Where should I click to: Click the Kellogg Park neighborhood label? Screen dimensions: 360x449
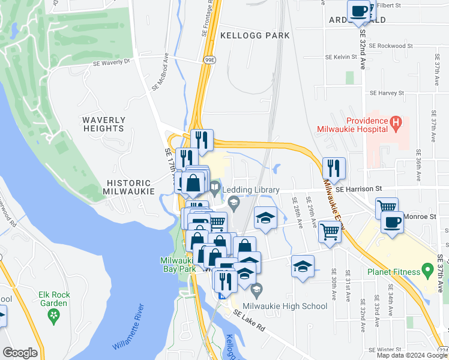point(255,35)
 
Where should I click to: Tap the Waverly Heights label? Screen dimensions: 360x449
point(103,124)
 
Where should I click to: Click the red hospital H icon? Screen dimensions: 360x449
point(395,124)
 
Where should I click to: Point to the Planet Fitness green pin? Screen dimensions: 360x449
point(427,271)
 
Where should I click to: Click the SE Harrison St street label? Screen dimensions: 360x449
point(359,188)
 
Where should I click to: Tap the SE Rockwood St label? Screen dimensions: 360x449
point(391,46)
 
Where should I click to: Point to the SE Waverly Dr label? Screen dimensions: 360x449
point(112,62)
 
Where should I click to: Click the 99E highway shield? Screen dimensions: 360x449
point(209,61)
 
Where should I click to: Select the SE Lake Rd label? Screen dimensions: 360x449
point(249,320)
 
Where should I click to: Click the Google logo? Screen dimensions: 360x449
point(20,353)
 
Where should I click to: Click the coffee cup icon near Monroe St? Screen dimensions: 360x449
point(392,221)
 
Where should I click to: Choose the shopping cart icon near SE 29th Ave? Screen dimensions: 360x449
point(330,230)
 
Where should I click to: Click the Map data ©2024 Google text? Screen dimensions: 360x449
point(411,355)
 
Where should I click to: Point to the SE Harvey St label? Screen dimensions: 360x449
point(388,93)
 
